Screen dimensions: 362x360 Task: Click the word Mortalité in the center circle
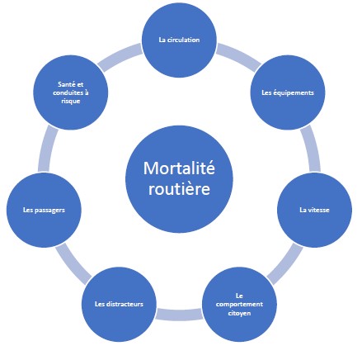[x=179, y=168]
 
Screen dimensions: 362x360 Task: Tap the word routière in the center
[x=179, y=189]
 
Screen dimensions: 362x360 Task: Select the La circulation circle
[x=179, y=40]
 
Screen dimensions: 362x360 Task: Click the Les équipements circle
[x=288, y=92]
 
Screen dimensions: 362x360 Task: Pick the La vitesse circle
[x=314, y=210]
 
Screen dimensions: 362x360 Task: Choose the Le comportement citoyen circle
[x=239, y=305]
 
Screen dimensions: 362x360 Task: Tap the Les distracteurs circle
[x=119, y=305]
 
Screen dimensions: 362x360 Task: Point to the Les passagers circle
[x=44, y=210]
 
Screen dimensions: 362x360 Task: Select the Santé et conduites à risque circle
[x=71, y=92]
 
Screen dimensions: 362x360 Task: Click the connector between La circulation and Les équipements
[x=238, y=56]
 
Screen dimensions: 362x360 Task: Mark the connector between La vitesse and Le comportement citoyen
[x=285, y=263]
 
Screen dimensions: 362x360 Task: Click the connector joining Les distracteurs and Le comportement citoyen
[x=179, y=315]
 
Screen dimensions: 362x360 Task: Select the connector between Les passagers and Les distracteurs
[x=73, y=263]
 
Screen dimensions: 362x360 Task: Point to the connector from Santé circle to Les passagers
[x=47, y=149]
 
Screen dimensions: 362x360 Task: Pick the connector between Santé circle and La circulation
[x=120, y=56]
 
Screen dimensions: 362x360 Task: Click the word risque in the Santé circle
[x=71, y=101]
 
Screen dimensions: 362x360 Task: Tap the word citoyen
[x=239, y=313]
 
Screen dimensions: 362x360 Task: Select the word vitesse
[x=318, y=210]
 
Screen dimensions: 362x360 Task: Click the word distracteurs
[x=125, y=304]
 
